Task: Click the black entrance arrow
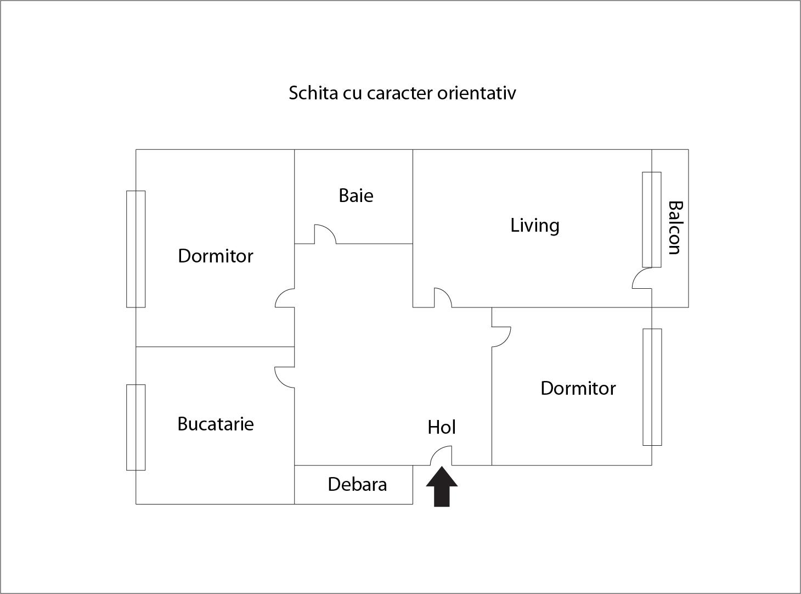tap(442, 486)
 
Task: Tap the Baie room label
tap(356, 195)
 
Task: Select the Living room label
tap(535, 226)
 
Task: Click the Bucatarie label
tap(216, 424)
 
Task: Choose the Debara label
tap(357, 484)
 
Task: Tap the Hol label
tap(441, 427)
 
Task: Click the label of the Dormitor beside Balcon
tap(578, 388)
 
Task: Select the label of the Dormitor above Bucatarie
tap(216, 256)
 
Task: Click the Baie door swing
tap(325, 234)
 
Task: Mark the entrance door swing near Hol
tap(441, 456)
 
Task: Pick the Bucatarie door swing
tap(285, 378)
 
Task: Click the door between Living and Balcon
tap(642, 278)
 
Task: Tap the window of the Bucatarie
tap(136, 427)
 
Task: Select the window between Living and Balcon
tap(652, 220)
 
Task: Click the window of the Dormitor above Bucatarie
tap(136, 249)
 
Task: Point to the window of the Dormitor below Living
tap(652, 387)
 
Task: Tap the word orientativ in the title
tap(476, 93)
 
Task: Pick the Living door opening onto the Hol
tap(443, 298)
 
